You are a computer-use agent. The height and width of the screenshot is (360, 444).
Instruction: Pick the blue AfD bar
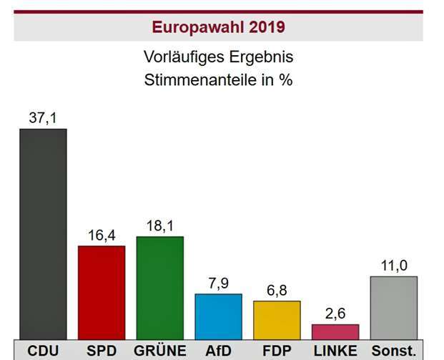point(219,316)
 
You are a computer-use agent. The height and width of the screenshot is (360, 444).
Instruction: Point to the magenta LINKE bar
point(335,331)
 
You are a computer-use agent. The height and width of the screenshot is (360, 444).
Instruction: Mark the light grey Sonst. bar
point(394,307)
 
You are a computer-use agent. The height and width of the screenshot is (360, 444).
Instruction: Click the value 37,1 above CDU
point(43,117)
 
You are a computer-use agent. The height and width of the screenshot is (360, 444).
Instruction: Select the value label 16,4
point(102,235)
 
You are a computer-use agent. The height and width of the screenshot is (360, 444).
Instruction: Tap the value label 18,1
point(160,225)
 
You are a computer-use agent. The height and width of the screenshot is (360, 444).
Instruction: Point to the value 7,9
point(219,283)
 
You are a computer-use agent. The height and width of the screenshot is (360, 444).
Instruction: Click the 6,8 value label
point(277,290)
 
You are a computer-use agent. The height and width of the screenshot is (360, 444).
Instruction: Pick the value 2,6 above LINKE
point(335,313)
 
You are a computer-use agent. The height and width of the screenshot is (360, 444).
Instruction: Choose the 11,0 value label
point(394,266)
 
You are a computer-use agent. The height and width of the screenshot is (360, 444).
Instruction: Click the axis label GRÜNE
point(160,351)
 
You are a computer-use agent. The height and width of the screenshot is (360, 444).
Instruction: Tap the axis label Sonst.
point(394,351)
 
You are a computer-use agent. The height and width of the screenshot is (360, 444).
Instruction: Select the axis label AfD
point(219,351)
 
